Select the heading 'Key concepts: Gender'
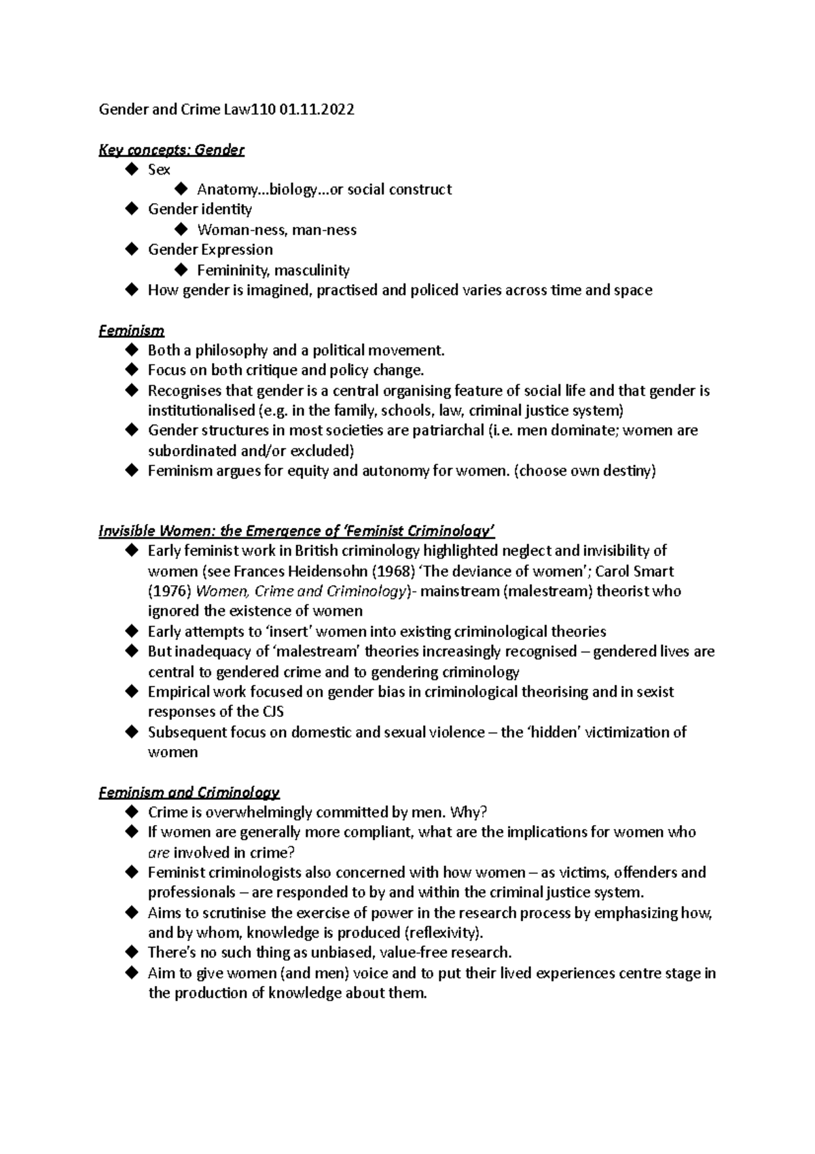pyautogui.click(x=171, y=150)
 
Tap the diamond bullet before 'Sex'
pyautogui.click(x=132, y=169)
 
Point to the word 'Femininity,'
pyautogui.click(x=233, y=270)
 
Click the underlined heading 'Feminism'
pyautogui.click(x=131, y=331)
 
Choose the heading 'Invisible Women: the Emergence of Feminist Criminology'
pyautogui.click(x=296, y=531)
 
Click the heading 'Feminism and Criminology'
pyautogui.click(x=189, y=792)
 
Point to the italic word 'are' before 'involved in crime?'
pyautogui.click(x=158, y=853)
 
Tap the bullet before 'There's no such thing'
pyautogui.click(x=132, y=952)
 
